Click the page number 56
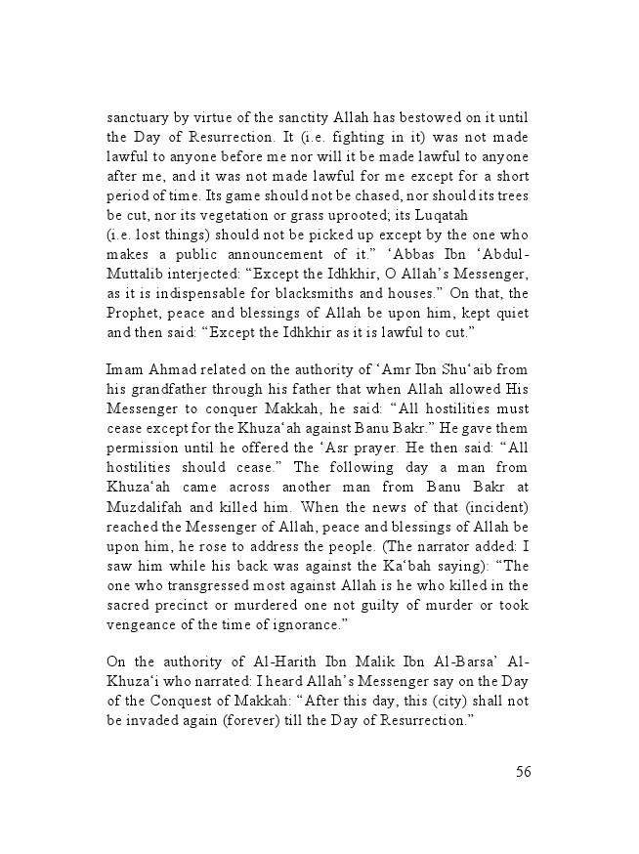point(523,772)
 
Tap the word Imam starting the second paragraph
point(125,369)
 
